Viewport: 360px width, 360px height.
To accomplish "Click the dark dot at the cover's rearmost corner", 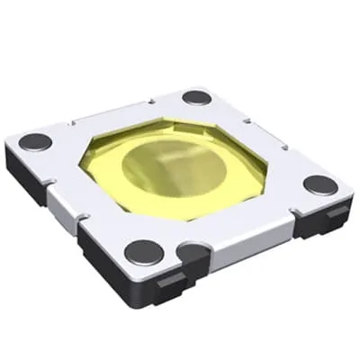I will click(x=197, y=97).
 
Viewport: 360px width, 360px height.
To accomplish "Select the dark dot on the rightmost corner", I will click(x=319, y=184).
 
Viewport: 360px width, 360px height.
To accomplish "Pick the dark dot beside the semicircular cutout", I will click(x=144, y=252).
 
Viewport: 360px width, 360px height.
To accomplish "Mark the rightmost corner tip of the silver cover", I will click(x=346, y=191).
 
